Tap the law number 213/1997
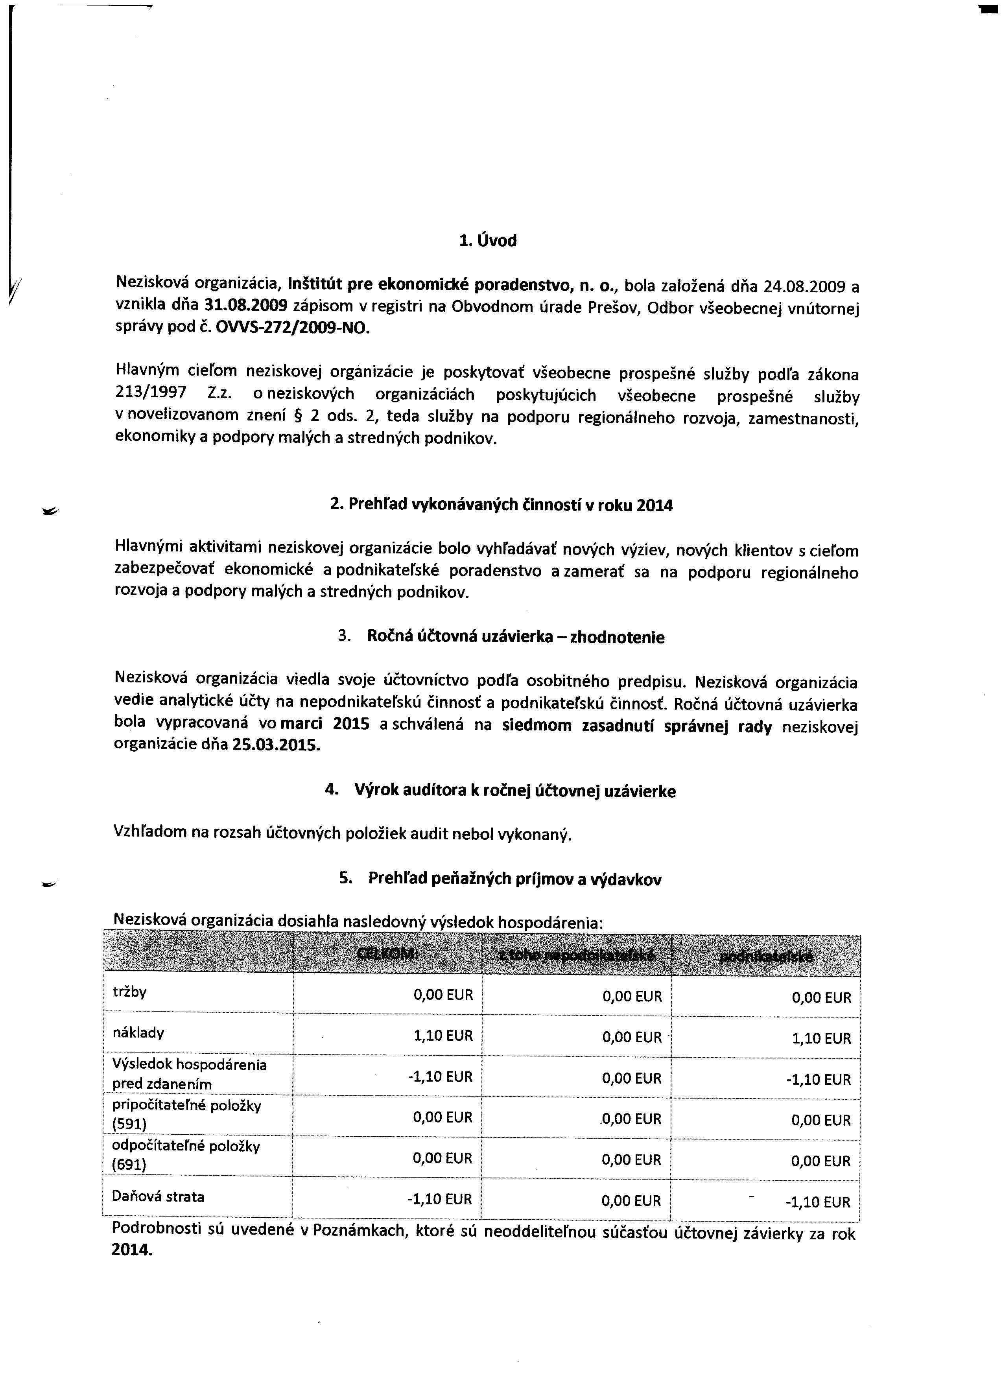point(151,393)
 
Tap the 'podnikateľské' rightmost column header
point(766,957)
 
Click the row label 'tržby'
point(129,992)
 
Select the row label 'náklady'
point(138,1033)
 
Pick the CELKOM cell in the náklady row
point(442,1035)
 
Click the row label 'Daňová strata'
point(158,1197)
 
